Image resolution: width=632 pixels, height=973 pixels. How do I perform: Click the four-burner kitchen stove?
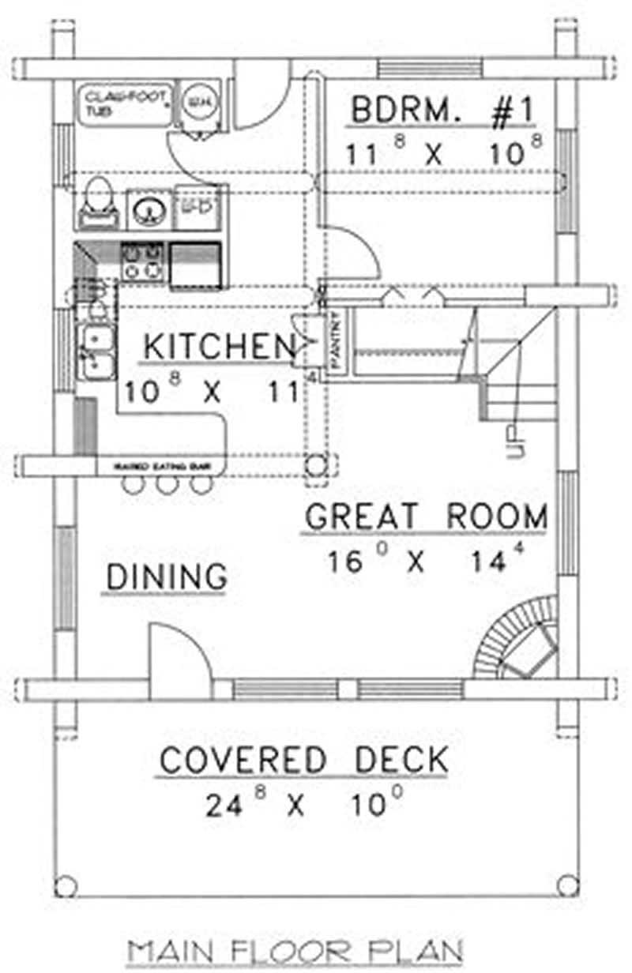click(142, 262)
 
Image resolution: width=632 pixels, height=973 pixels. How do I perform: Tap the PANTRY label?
click(334, 342)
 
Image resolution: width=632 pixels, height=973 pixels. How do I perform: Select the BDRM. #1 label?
click(442, 112)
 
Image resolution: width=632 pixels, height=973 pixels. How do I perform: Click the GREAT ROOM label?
click(426, 517)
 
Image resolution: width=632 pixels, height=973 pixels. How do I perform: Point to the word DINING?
click(167, 577)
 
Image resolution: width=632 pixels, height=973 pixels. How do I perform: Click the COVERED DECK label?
click(304, 761)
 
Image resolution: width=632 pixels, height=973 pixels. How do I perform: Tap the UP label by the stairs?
click(514, 442)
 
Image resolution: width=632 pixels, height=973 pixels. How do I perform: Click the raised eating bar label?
click(162, 467)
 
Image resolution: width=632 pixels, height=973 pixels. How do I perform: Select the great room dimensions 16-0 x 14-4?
click(426, 562)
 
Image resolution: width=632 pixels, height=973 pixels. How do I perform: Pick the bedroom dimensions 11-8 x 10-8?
click(442, 154)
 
